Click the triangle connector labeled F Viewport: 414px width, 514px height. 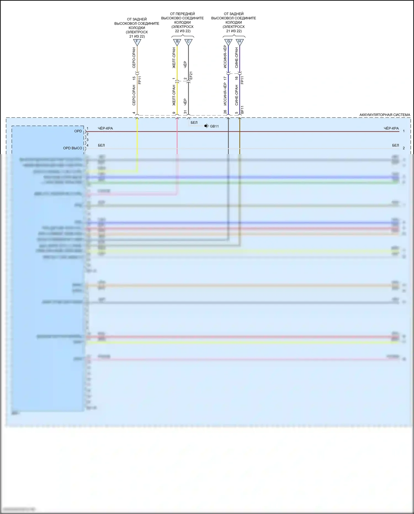tap(137, 42)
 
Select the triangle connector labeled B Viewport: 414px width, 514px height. tap(177, 42)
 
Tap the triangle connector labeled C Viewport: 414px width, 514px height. tap(188, 42)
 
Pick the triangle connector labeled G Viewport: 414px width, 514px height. tap(228, 42)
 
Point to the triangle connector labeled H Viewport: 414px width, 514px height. tap(240, 42)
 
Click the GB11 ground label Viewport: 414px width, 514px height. tap(214, 126)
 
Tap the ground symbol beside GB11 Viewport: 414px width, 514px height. tap(206, 126)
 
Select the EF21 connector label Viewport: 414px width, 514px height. tap(191, 76)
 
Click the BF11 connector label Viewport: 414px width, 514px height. tap(242, 110)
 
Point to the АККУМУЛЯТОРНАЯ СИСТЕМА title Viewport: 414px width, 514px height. tap(384, 115)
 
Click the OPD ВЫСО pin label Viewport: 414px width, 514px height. tap(73, 148)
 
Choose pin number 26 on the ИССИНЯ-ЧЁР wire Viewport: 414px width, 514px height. tap(225, 112)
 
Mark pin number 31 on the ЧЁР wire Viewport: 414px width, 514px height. tap(185, 112)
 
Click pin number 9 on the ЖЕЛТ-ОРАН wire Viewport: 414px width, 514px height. tap(174, 113)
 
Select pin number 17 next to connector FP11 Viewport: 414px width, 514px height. tap(225, 78)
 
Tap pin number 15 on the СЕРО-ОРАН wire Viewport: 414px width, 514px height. tap(134, 78)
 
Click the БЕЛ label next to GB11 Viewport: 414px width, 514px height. tap(194, 123)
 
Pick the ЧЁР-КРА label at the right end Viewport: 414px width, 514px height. tap(391, 128)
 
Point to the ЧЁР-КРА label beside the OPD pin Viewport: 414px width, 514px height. tap(105, 128)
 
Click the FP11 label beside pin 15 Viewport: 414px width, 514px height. tap(140, 80)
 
